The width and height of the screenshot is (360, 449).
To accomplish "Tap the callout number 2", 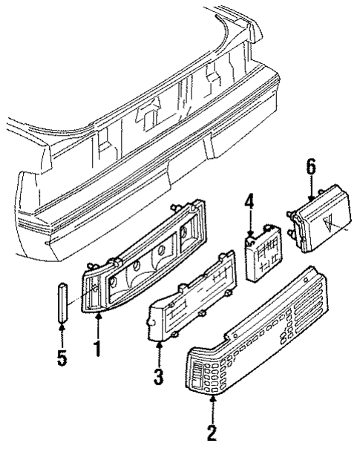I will [213, 430].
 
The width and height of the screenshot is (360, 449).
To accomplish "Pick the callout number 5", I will [62, 358].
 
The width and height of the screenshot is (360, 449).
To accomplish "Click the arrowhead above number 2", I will [213, 399].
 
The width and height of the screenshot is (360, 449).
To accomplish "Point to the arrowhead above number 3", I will [158, 345].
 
